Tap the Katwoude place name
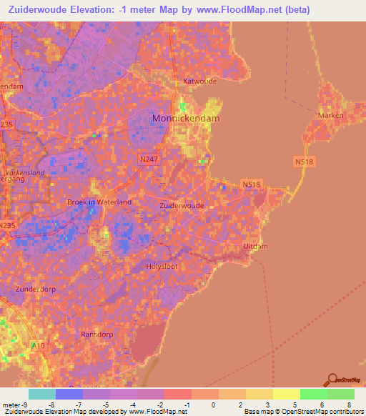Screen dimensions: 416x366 [x=199, y=81]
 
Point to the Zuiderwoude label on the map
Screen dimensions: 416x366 [x=182, y=205]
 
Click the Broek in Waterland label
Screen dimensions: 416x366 [x=99, y=202]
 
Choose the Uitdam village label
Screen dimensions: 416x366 [x=255, y=246]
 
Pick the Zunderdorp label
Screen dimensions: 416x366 [x=35, y=289]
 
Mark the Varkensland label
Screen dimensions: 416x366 [x=24, y=172]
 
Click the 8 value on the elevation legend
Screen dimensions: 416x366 [x=350, y=405]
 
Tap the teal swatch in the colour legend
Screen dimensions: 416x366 [x=42, y=394]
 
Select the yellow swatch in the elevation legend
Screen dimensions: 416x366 [x=286, y=394]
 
